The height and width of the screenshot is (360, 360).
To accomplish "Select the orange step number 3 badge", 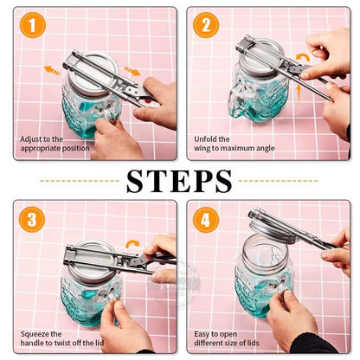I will [x=31, y=220].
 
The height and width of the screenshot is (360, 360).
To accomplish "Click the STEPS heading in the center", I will [x=179, y=181].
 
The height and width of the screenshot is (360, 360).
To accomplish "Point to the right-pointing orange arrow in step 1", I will [x=131, y=70].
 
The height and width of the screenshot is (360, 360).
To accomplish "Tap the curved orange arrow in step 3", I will [x=132, y=245].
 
